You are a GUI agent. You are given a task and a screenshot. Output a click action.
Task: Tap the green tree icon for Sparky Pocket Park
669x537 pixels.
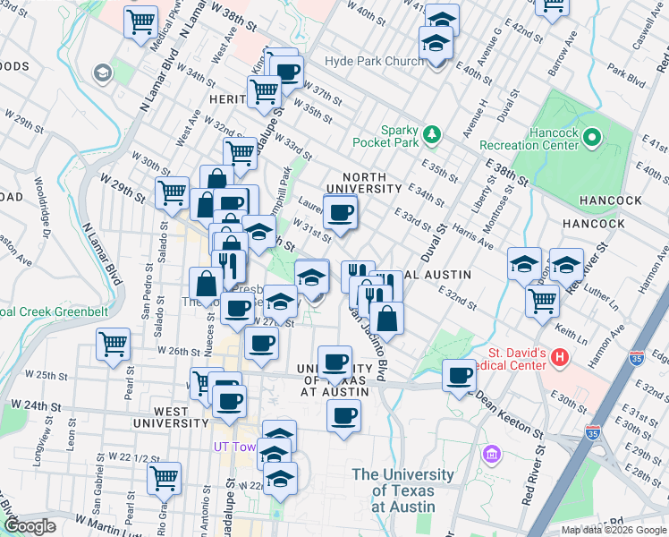pos(433,134)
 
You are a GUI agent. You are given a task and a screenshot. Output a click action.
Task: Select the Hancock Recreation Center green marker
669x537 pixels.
pos(591,138)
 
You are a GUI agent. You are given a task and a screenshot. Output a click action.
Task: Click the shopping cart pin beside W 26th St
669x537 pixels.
pos(113,344)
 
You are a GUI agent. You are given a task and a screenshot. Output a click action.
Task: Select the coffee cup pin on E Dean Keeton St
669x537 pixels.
pos(460,376)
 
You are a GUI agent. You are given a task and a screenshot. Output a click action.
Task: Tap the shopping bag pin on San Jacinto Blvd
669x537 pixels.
pos(387,319)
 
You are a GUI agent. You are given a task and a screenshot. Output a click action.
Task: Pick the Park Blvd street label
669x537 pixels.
pos(625,75)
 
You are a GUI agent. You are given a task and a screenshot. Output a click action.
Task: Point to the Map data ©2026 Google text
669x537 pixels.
pos(612,530)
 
